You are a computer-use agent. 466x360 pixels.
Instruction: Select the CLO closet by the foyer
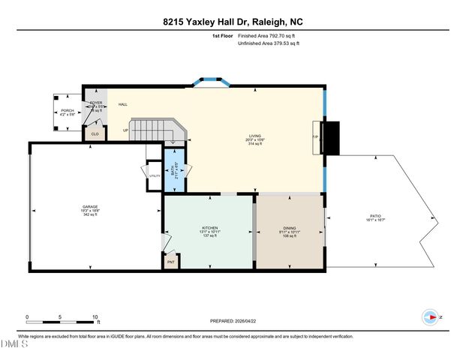pyautogui.click(x=95, y=133)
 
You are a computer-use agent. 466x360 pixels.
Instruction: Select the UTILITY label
pyautogui.click(x=154, y=175)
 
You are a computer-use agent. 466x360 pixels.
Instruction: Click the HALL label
pyautogui.click(x=122, y=104)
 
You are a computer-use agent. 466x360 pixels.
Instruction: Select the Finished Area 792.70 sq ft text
pyautogui.click(x=268, y=34)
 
